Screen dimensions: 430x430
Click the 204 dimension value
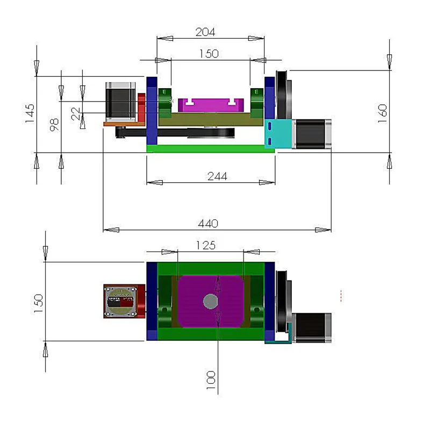[x=205, y=32]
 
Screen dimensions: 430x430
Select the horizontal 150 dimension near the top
[x=209, y=54]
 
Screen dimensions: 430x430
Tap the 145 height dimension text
[x=30, y=114]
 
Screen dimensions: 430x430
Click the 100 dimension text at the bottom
[x=211, y=379]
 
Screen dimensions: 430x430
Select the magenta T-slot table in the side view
[x=210, y=105]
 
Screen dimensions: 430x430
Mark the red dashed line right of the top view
[x=341, y=296]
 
